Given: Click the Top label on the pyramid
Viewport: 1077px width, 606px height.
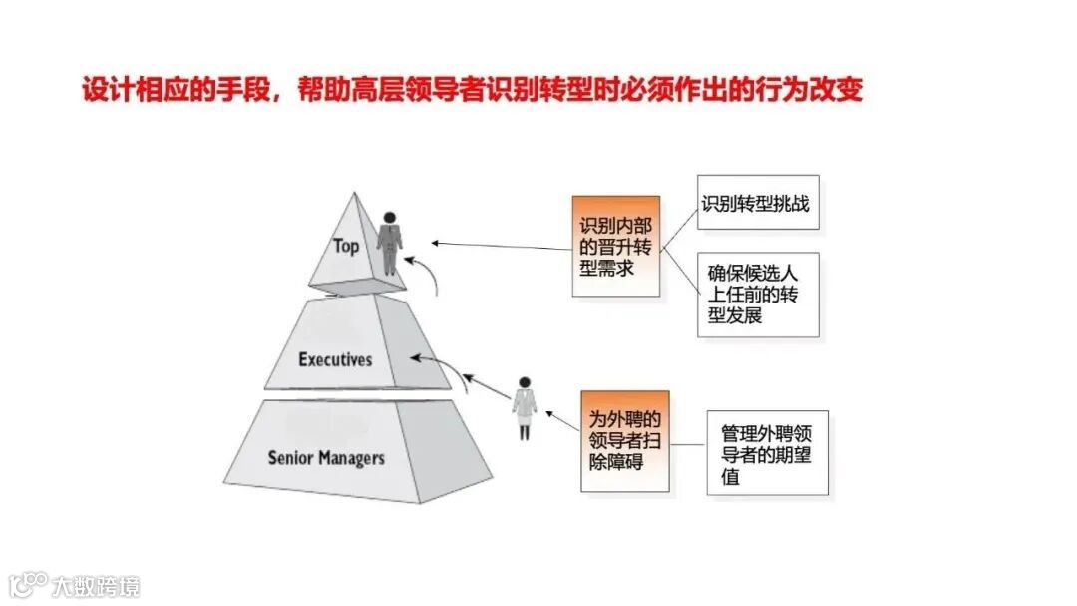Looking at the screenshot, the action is click(x=346, y=246).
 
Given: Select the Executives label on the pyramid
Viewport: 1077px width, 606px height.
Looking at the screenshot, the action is click(x=335, y=359).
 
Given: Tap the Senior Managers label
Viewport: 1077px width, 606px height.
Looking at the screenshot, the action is click(x=326, y=458).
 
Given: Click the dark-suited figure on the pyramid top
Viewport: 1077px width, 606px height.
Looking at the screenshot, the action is click(x=390, y=243).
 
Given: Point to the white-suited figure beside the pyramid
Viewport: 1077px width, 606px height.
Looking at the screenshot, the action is click(x=524, y=408).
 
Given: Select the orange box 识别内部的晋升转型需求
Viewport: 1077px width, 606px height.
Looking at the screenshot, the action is click(x=615, y=246).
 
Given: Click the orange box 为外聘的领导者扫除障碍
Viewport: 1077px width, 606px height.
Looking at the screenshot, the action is click(x=624, y=440).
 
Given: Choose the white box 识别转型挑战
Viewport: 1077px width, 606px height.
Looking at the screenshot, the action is click(x=754, y=205).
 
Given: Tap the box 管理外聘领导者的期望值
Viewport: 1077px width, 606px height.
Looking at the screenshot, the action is click(x=767, y=452).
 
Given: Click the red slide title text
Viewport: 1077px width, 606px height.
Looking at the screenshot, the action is click(x=472, y=91).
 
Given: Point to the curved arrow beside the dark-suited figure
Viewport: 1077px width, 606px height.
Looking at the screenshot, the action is click(x=426, y=271).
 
